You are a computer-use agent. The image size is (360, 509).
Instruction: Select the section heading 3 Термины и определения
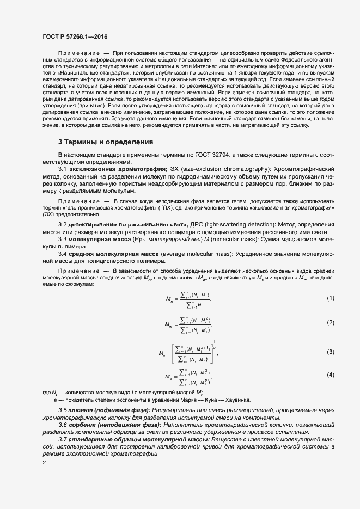pos(105,142)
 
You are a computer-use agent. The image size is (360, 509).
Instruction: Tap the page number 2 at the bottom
pos(44,463)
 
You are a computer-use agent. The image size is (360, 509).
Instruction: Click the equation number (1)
pos(330,298)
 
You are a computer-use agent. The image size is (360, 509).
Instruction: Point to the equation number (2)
pos(330,323)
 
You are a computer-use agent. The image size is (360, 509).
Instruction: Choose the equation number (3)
pos(330,352)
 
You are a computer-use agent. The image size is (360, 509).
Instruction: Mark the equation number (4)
pos(330,375)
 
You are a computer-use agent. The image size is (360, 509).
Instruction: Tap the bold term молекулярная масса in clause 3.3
pos(103,239)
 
